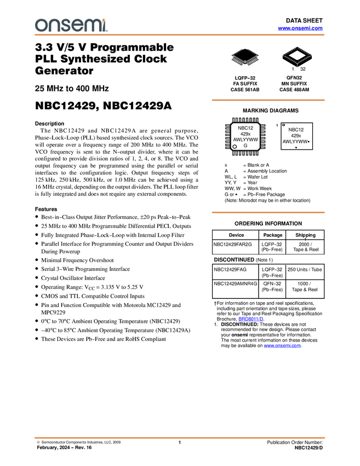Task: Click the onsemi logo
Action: pos(71,25)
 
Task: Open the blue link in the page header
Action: pos(300,28)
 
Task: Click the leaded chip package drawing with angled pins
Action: pos(244,61)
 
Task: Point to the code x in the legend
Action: pos(226,165)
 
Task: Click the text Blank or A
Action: pos(258,165)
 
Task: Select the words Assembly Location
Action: pos(267,171)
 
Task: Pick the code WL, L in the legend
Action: pos(231,177)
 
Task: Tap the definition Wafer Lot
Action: pos(258,177)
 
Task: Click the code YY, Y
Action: pos(230,183)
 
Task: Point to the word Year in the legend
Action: pos(252,183)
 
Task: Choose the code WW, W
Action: pos(232,189)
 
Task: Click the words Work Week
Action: pos(260,189)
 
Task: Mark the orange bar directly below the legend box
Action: pos(268,213)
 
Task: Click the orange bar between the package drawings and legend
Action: pos(268,100)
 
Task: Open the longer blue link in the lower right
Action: pos(282,346)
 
